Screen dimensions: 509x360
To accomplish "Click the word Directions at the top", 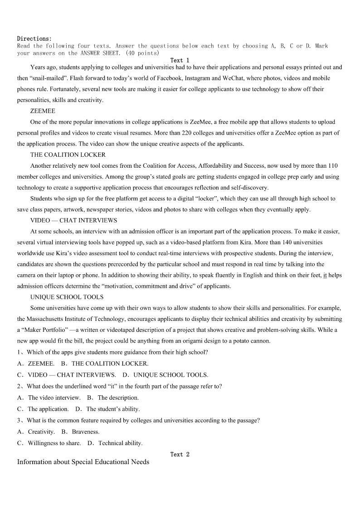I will pyautogui.click(x=34, y=39).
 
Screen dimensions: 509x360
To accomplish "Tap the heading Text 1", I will pyautogui.click(x=180, y=60).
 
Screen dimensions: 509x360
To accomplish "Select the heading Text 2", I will pyautogui.click(x=180, y=454).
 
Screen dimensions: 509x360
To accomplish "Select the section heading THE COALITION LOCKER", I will pyautogui.click(x=68, y=155).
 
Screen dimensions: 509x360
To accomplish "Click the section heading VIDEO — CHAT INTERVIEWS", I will pyautogui.click(x=73, y=220).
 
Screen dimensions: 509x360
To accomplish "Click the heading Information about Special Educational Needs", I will pyautogui.click(x=83, y=462).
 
